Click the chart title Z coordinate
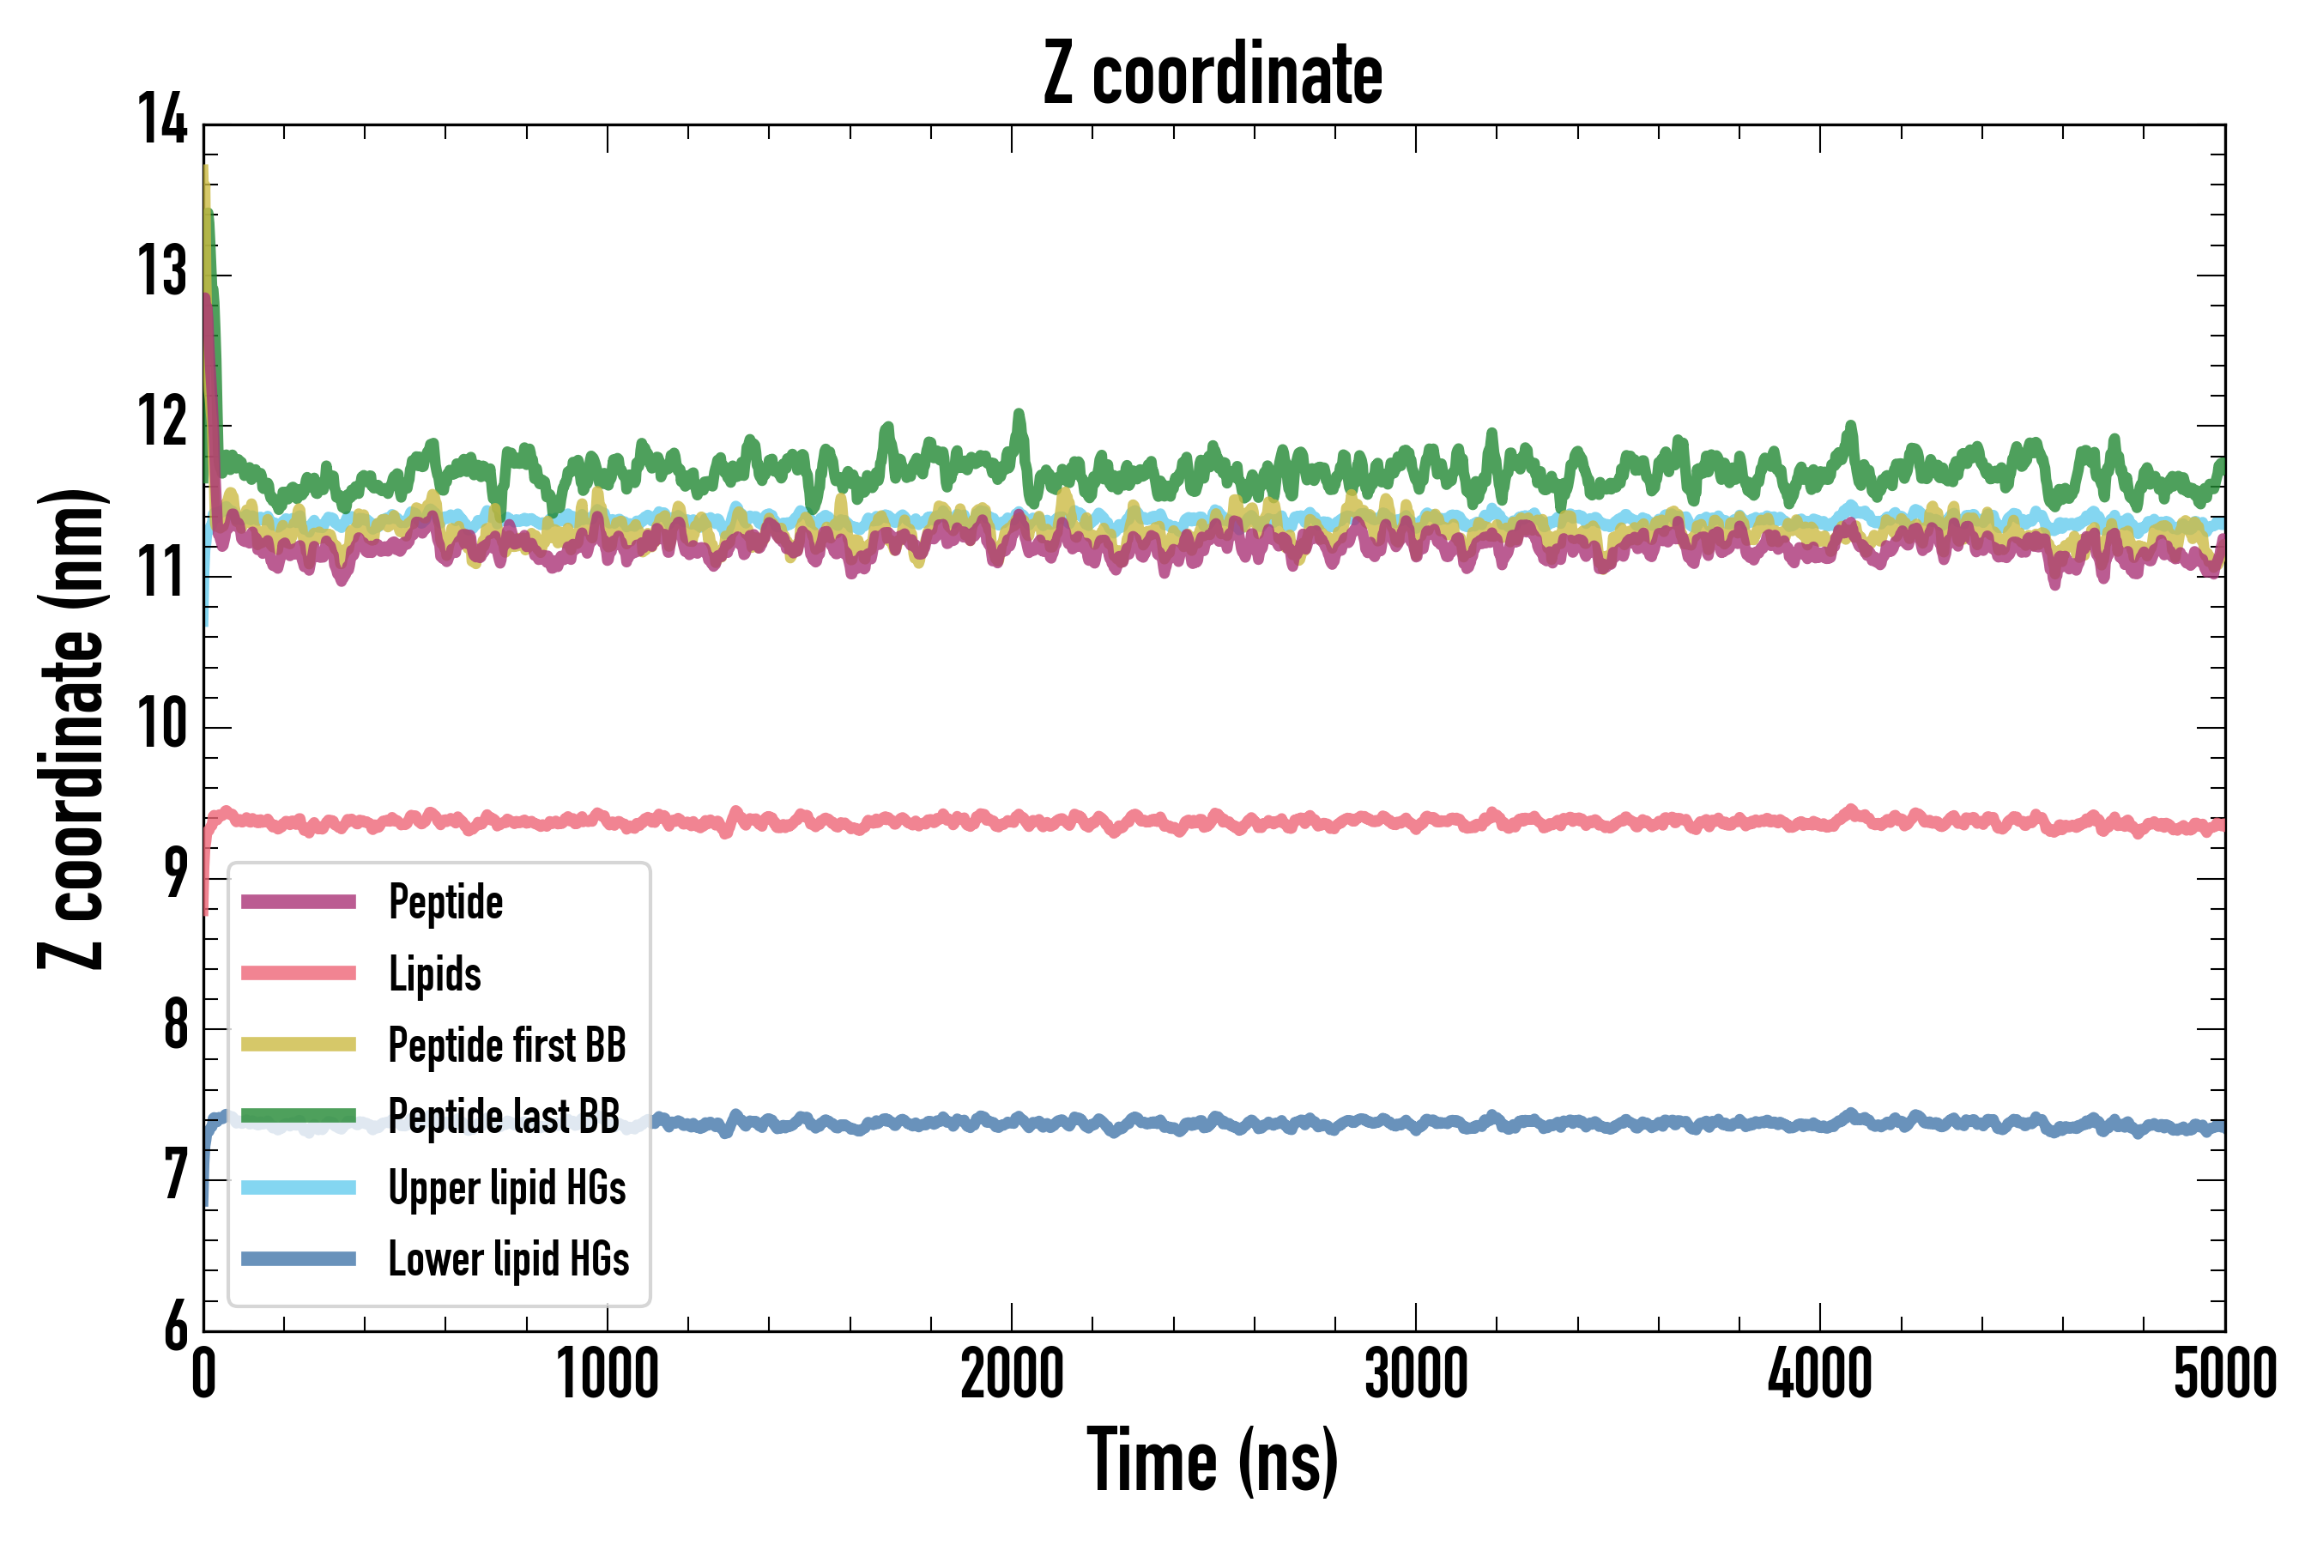[x=1213, y=75]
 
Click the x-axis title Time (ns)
[x=1213, y=1460]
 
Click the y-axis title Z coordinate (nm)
[x=71, y=728]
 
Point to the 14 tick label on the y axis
[x=162, y=120]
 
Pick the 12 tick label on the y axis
[x=162, y=421]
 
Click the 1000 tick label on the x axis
[x=608, y=1373]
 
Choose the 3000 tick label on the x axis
[x=1416, y=1373]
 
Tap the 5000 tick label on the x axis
[x=2224, y=1373]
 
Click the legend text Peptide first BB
[x=506, y=1045]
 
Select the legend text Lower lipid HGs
[x=508, y=1258]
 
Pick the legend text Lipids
[x=434, y=973]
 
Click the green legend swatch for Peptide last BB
[x=299, y=1115]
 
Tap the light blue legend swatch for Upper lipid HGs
[x=299, y=1187]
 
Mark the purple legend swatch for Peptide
[x=299, y=901]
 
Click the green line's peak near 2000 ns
[x=1019, y=415]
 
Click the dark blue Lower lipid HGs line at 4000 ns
[x=1819, y=1124]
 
